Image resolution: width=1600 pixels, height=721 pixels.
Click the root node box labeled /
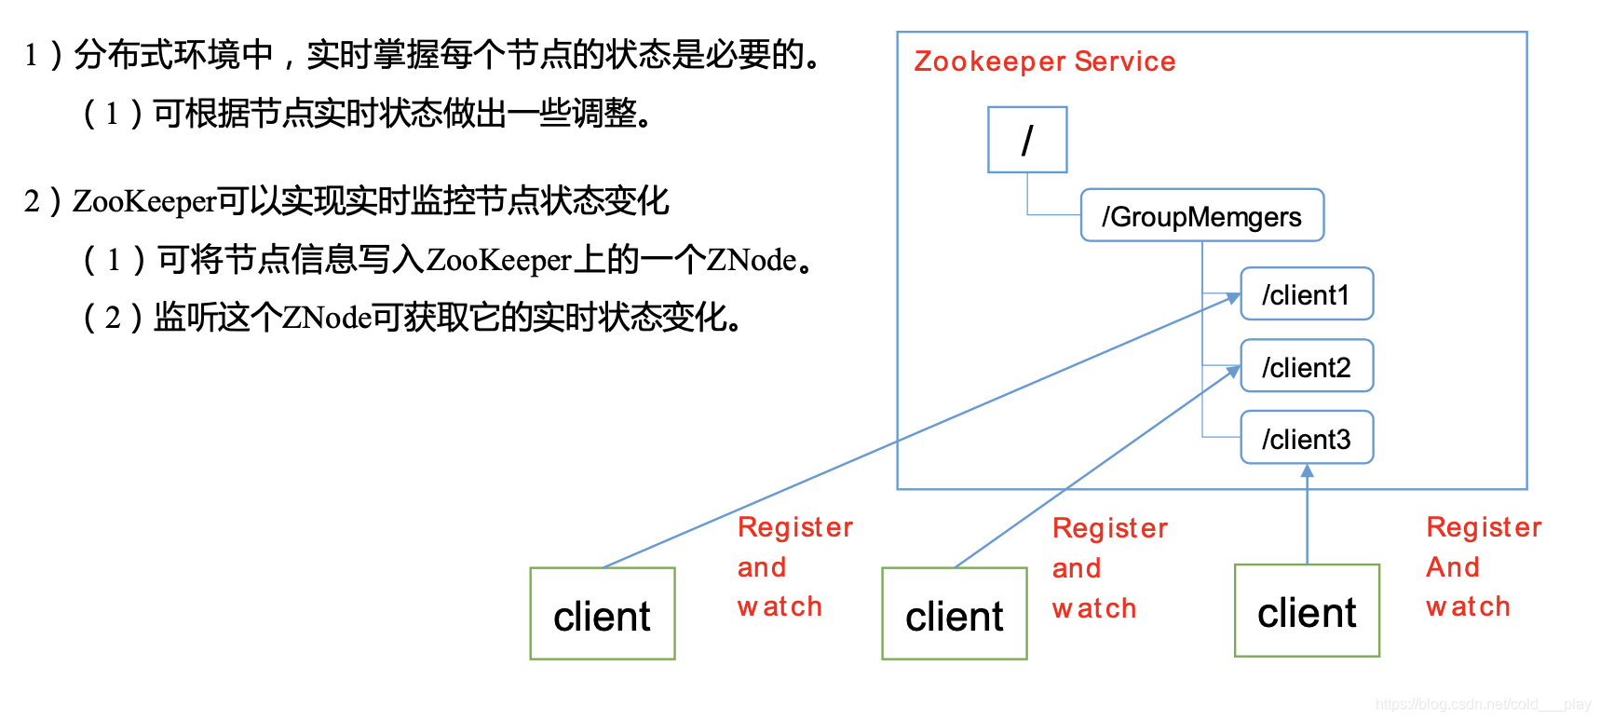click(1027, 140)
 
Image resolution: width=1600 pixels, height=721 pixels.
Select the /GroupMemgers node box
click(1201, 216)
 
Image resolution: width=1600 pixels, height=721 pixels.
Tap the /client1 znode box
click(1307, 294)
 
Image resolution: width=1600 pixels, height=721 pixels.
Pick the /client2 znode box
click(1307, 367)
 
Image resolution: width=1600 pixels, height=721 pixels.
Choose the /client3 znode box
click(1307, 439)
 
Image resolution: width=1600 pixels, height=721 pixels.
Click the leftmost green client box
click(602, 615)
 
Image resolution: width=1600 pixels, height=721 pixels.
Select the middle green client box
click(954, 615)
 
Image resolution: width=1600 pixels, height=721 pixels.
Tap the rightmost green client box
click(1307, 612)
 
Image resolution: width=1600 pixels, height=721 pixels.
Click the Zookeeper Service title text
click(1044, 61)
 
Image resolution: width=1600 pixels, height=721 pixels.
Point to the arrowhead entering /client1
click(1234, 298)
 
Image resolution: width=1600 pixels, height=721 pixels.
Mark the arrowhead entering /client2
click(1234, 371)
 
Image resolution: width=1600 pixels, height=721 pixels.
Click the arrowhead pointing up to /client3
click(1307, 471)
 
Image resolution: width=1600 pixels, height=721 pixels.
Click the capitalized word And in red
click(1452, 567)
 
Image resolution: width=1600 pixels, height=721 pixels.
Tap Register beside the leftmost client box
click(794, 528)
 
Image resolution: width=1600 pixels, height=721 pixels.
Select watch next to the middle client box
click(1093, 609)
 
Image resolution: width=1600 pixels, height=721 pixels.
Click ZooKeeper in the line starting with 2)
click(144, 201)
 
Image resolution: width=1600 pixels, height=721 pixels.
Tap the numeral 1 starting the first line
click(31, 56)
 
